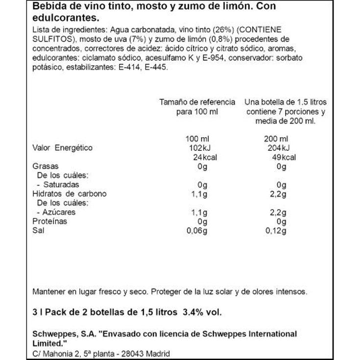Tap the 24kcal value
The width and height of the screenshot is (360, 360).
click(x=205, y=157)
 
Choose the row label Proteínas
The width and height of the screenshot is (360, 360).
click(x=49, y=221)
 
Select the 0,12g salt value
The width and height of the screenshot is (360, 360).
click(x=275, y=231)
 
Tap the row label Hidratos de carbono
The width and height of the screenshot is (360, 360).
click(x=69, y=194)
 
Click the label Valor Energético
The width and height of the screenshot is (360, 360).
click(x=62, y=148)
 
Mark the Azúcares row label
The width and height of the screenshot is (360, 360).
click(x=58, y=213)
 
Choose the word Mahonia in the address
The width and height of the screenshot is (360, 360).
click(x=57, y=354)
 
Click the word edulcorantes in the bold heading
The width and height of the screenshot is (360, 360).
click(x=62, y=18)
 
